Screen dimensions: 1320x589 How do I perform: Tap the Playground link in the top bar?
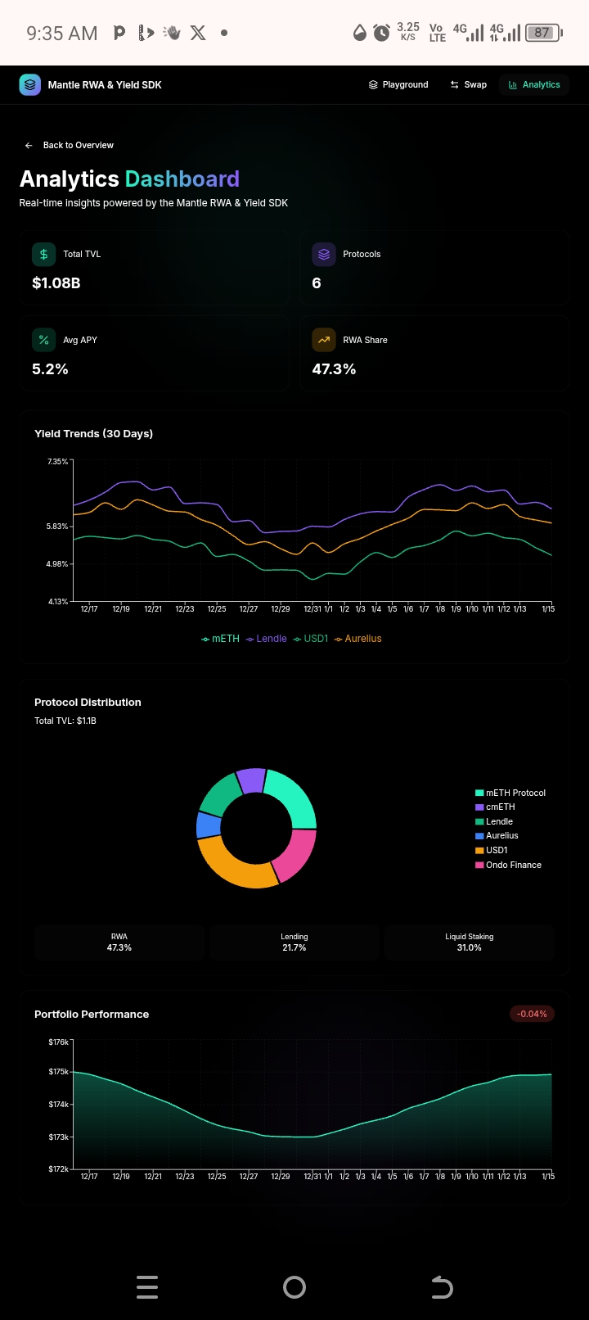[398, 84]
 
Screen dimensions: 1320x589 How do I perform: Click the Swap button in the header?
[468, 84]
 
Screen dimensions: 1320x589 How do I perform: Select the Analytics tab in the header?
[534, 84]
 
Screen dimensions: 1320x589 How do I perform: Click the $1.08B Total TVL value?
[56, 283]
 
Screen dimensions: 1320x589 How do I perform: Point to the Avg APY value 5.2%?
[50, 369]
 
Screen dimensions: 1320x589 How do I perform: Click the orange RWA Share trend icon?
[324, 340]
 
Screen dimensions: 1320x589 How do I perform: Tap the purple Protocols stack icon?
[324, 254]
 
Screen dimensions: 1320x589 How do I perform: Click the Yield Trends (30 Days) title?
[93, 433]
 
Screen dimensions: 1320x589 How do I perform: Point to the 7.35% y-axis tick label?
[57, 462]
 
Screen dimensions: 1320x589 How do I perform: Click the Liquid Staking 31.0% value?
[469, 947]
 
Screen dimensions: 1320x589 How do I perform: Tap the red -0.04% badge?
[532, 1014]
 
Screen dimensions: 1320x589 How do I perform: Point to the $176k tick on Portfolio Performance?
[58, 1042]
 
